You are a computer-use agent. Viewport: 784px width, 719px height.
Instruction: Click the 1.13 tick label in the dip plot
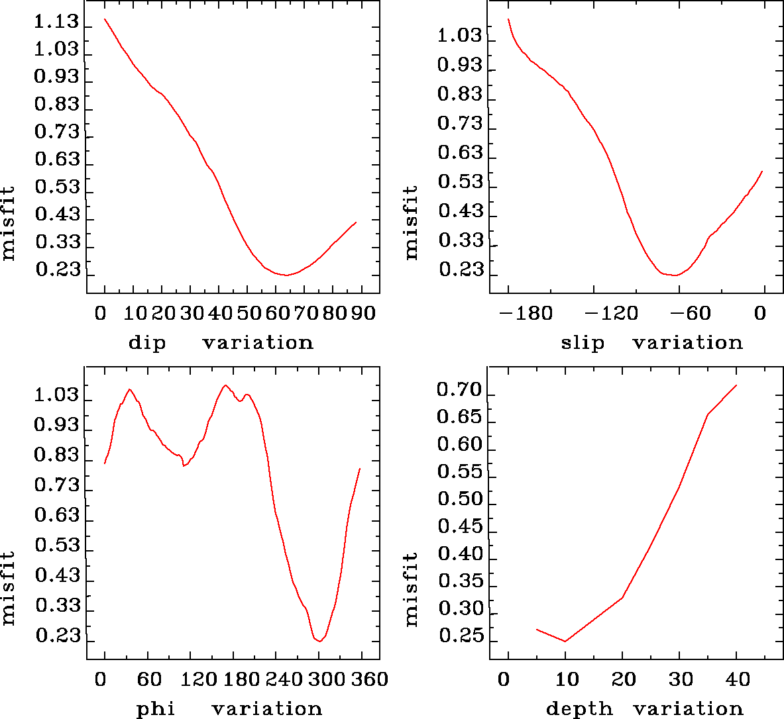56,23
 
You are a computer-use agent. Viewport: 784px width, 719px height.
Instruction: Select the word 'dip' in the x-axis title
146,343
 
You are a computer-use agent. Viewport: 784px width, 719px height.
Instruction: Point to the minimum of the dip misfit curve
286,275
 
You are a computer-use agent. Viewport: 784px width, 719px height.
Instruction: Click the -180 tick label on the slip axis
528,312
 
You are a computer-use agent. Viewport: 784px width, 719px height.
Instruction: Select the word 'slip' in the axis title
583,343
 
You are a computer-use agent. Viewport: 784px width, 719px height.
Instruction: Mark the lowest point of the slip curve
674,275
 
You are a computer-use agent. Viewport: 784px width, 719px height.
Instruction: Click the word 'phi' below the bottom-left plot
155,710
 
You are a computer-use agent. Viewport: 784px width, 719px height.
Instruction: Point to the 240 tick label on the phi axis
282,679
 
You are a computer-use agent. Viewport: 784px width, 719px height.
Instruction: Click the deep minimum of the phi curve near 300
319,641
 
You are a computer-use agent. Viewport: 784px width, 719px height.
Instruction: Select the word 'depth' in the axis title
579,709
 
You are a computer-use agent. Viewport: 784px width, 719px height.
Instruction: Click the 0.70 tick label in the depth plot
459,390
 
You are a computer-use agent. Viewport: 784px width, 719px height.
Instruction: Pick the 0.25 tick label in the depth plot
459,636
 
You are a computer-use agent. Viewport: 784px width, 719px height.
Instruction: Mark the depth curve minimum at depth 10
565,641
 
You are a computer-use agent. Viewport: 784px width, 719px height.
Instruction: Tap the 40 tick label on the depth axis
738,679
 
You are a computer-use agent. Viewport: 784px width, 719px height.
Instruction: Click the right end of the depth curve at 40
736,385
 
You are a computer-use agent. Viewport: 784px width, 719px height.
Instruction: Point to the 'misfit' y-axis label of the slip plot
412,222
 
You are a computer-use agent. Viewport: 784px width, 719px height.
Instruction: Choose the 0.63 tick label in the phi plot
56,515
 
